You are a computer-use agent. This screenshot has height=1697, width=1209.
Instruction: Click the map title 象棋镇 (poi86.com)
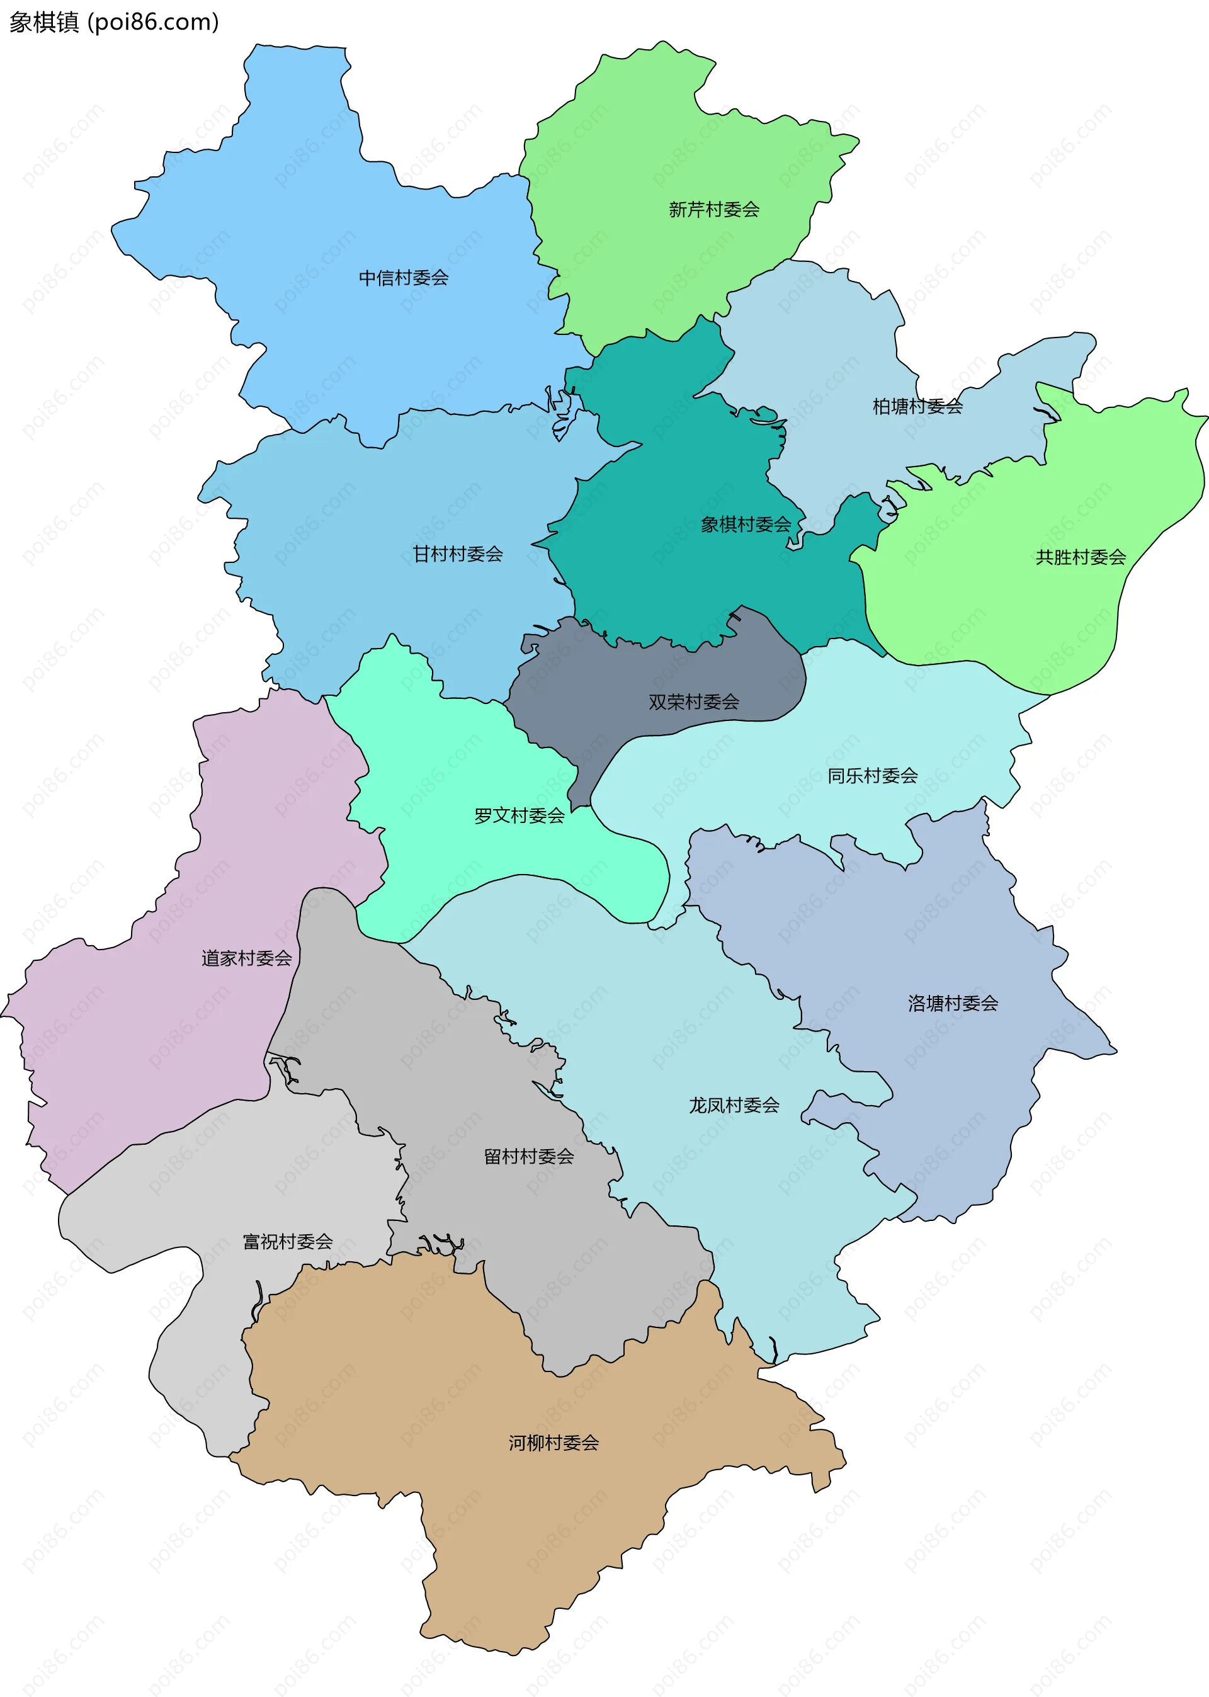[x=114, y=22]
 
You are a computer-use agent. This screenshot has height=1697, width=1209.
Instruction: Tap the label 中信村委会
[x=404, y=278]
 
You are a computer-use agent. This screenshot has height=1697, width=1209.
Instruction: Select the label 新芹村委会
[x=713, y=210]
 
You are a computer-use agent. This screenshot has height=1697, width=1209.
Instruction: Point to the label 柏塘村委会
[x=917, y=406]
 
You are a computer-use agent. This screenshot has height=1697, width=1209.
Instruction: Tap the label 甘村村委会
[x=457, y=553]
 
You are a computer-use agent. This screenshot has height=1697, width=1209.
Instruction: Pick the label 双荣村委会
[x=693, y=701]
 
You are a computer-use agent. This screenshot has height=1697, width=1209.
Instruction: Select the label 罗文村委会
[x=519, y=815]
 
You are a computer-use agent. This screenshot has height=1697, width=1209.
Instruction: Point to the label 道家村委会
[x=246, y=958]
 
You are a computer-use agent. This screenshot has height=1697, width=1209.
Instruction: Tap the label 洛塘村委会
[x=952, y=1003]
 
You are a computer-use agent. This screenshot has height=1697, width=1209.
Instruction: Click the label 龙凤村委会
[x=734, y=1104]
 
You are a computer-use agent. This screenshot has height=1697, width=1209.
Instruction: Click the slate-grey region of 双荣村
[x=596, y=670]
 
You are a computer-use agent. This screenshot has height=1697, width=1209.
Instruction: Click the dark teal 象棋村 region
[x=670, y=581]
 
